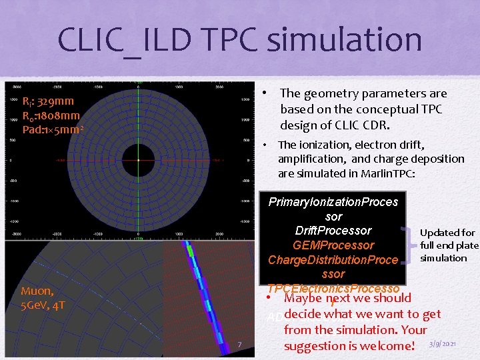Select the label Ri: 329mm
48,101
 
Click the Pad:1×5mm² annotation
53,129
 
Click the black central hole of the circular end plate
137,160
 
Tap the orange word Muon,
37,291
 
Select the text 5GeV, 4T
43,305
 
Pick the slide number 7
239,344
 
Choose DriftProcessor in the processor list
333,231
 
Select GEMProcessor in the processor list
333,245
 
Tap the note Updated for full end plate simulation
448,245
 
